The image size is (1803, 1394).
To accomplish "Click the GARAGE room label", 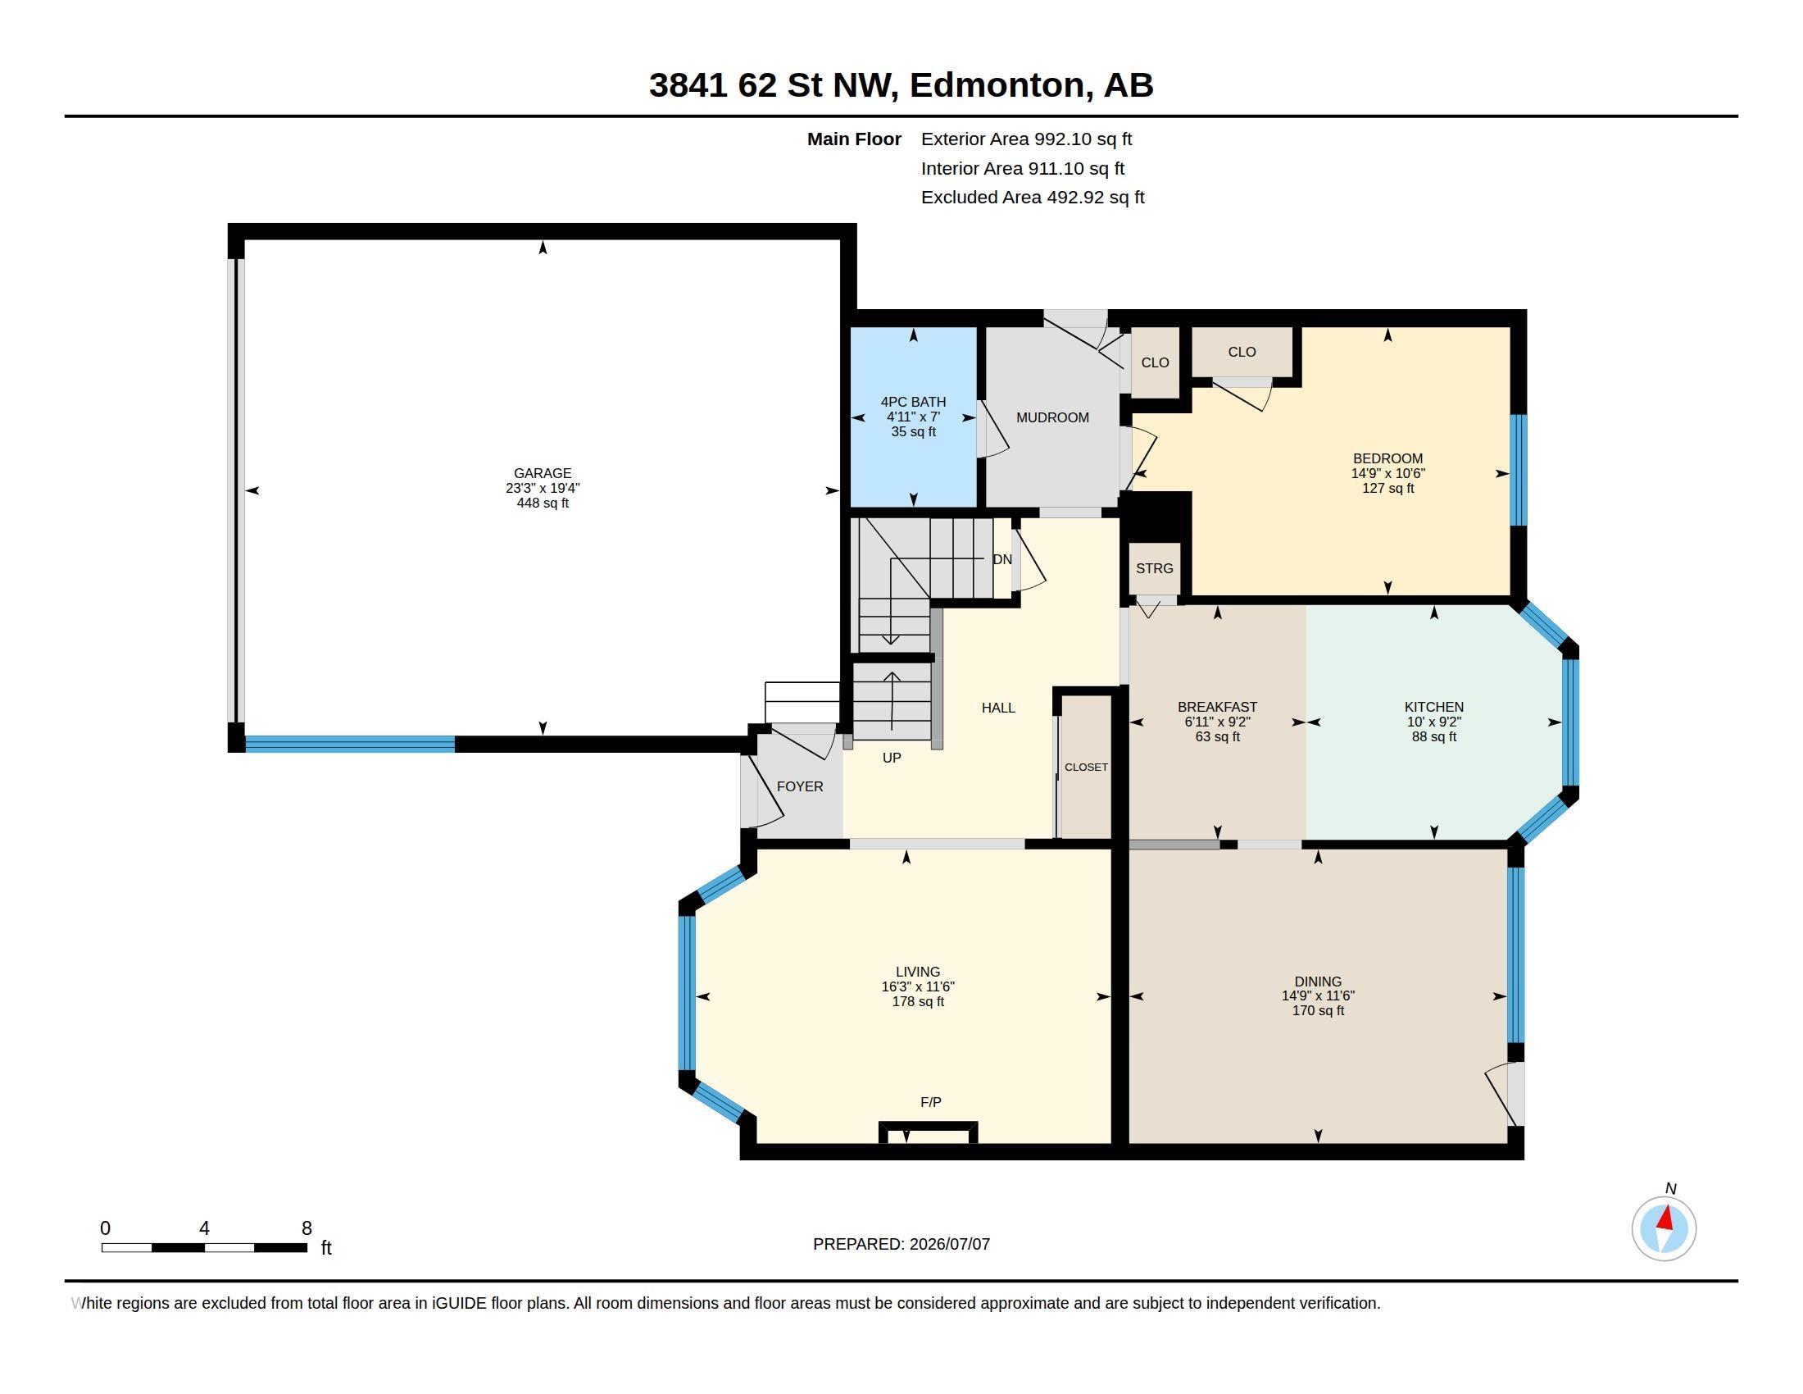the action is tap(543, 473).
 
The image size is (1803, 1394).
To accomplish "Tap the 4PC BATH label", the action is tap(913, 402).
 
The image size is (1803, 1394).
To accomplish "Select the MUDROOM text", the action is tap(1052, 418).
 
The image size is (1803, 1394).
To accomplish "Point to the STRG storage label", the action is tap(1154, 568).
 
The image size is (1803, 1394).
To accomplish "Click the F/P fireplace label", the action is tap(930, 1101).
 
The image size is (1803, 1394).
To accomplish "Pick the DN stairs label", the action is tap(1002, 559).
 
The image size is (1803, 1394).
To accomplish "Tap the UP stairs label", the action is tap(892, 758).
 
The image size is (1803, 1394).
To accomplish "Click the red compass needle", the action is tap(1666, 1218).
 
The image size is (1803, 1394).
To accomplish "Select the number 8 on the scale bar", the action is tap(307, 1228).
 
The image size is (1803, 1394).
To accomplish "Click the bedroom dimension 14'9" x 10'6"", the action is tap(1387, 473).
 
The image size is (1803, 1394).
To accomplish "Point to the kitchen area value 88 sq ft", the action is tap(1434, 736).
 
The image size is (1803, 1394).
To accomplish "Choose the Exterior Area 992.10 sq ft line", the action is tap(1026, 139).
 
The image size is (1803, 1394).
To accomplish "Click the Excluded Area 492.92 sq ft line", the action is tap(1033, 198).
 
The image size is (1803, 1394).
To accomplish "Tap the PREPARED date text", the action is tap(901, 1244).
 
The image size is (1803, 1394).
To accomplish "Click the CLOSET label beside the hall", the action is tap(1087, 768).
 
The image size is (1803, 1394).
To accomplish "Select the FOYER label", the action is tap(800, 786).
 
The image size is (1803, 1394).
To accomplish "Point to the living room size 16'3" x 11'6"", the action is tap(918, 986).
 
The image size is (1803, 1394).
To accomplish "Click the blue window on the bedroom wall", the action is tap(1518, 469).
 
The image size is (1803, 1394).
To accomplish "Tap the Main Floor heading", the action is tap(854, 139).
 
